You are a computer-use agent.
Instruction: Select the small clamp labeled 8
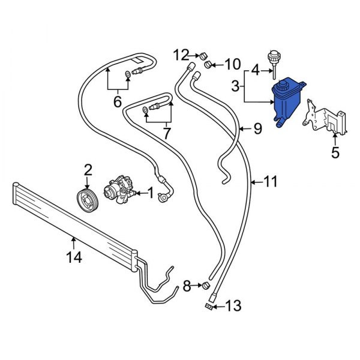point(206,284)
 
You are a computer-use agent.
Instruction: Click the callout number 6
point(118,103)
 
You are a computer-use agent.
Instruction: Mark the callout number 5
point(334,154)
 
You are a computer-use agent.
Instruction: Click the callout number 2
point(88,170)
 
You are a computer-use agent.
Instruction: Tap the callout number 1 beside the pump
point(151,193)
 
